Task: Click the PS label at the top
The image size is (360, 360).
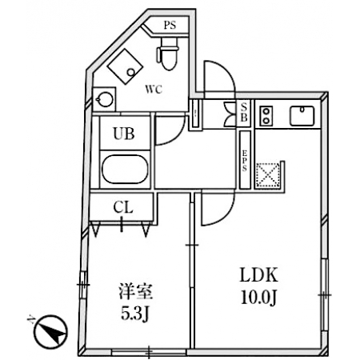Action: coord(170,26)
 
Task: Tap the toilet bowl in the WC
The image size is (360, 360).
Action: coord(167,54)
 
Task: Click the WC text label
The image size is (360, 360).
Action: coord(154,90)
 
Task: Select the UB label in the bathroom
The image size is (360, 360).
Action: coord(124,134)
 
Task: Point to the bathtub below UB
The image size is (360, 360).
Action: coord(125,169)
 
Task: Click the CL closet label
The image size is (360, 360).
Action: coord(123,207)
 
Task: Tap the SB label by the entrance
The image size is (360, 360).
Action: coord(244,112)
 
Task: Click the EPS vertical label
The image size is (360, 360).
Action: coord(245,161)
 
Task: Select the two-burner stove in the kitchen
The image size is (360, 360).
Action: coord(266,116)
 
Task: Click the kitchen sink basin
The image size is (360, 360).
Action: coord(302,116)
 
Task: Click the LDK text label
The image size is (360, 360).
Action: coord(259,275)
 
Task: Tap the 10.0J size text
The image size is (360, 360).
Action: coord(258,298)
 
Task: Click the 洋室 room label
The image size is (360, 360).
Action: coord(136,291)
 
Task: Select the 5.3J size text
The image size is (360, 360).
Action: coord(134,313)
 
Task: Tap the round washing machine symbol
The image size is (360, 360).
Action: coord(105,99)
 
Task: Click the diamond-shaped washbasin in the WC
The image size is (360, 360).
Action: coord(125,66)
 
